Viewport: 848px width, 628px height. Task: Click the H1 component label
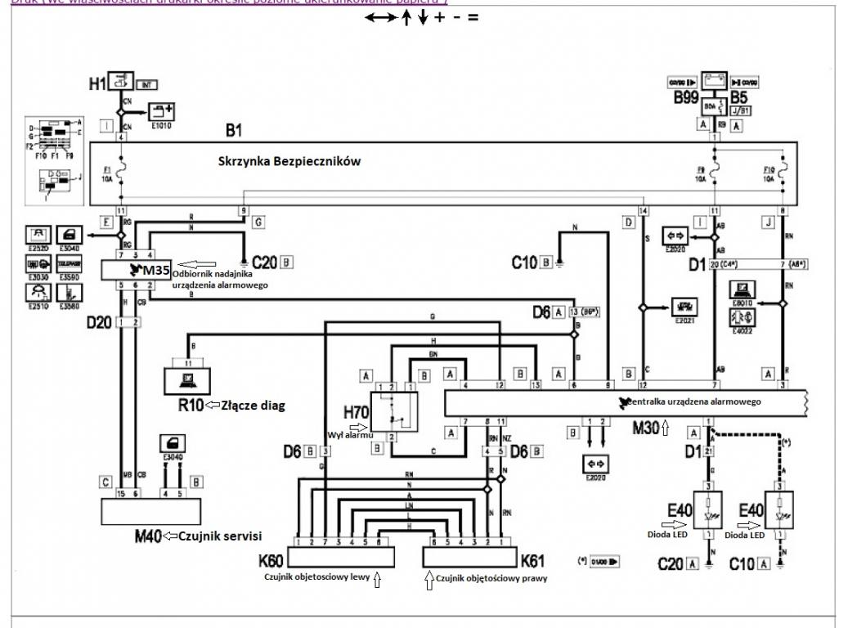[x=97, y=83]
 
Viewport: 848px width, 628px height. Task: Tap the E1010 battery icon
[x=155, y=109]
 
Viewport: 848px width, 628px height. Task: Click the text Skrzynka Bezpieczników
[x=289, y=161]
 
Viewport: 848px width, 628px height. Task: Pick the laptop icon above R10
[x=186, y=376]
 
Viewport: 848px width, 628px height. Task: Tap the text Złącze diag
[x=247, y=404]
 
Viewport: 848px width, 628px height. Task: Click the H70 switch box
[x=394, y=410]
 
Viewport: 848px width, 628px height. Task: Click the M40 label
[x=148, y=536]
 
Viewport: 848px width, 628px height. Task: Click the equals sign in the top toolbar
[x=473, y=16]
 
